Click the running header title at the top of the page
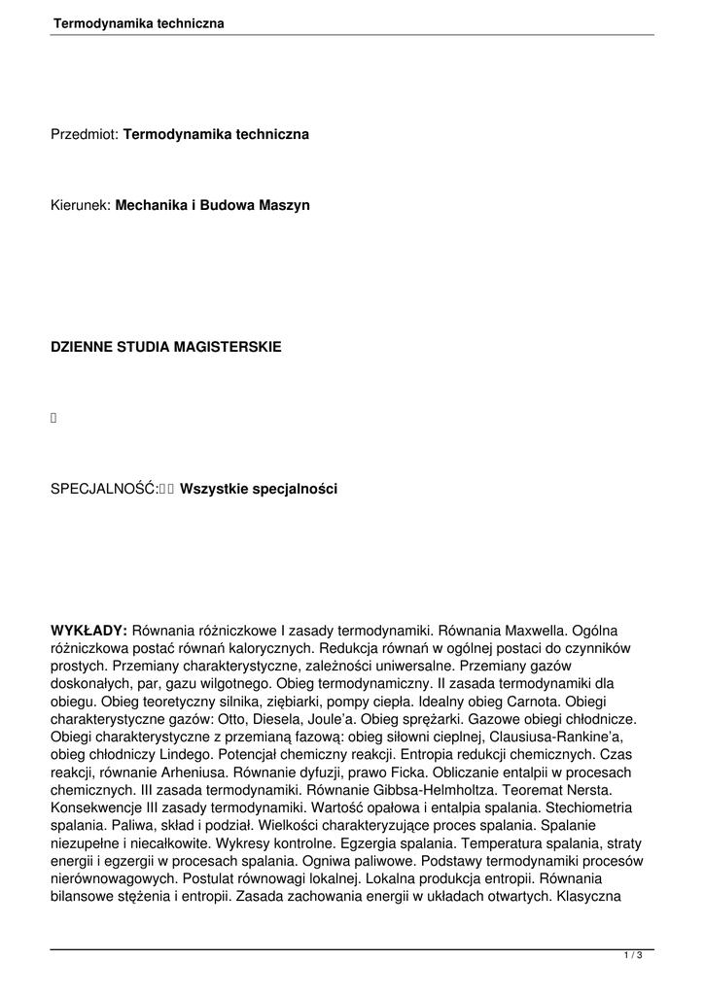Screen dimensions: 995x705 point(138,22)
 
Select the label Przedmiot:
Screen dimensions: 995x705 point(85,134)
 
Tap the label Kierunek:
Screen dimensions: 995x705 point(81,206)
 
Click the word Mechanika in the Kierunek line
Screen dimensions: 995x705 point(149,206)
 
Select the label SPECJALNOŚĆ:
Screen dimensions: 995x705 point(104,490)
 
